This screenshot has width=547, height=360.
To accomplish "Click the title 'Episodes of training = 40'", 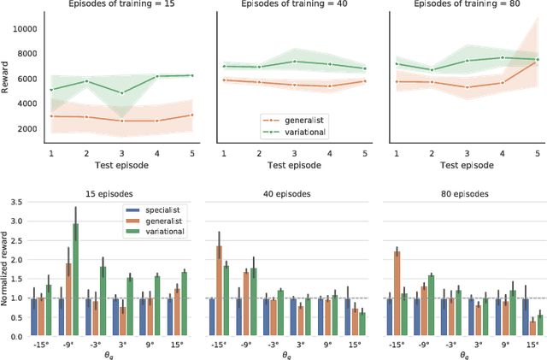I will (291, 4).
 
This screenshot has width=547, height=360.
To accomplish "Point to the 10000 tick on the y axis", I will (26, 28).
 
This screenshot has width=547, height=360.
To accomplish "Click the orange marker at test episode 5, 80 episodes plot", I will (536, 62).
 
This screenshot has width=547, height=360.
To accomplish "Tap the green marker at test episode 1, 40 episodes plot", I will (223, 66).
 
